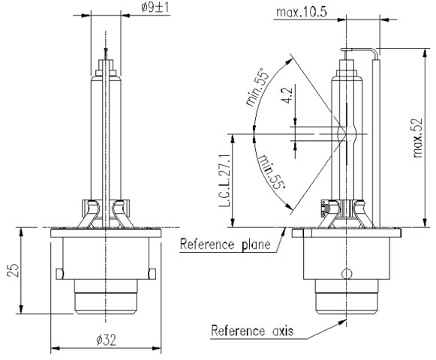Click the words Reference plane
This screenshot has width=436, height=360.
click(x=227, y=244)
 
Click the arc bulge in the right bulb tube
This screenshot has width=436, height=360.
click(x=349, y=136)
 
